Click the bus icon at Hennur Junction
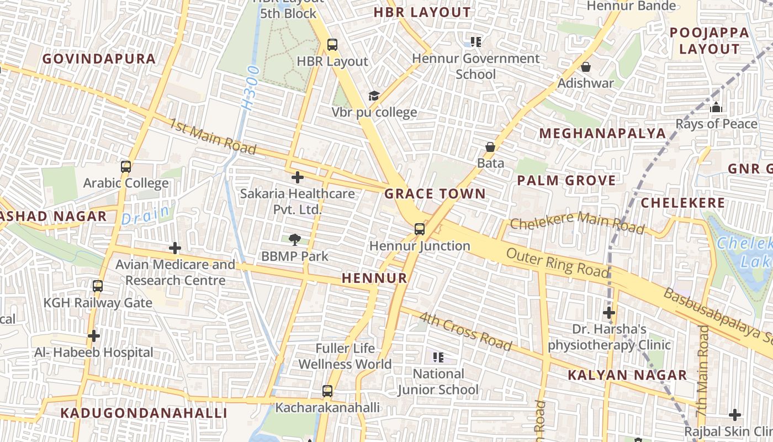(x=420, y=229)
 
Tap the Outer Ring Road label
(x=558, y=263)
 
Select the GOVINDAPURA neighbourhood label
(x=99, y=59)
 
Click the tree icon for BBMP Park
(x=295, y=240)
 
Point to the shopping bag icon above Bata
(x=490, y=146)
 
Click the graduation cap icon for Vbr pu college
(x=374, y=96)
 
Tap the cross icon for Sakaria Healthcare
(x=297, y=177)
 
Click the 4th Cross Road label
(x=465, y=331)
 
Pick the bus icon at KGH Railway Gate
(x=98, y=286)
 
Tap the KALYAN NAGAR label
(x=627, y=376)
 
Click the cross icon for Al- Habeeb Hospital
(x=94, y=335)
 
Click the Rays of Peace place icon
(x=716, y=107)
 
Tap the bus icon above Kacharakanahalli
(x=327, y=391)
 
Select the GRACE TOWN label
(x=435, y=194)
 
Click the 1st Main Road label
(x=213, y=136)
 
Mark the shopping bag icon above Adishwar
(x=586, y=67)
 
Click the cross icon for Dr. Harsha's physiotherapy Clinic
(x=609, y=313)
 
